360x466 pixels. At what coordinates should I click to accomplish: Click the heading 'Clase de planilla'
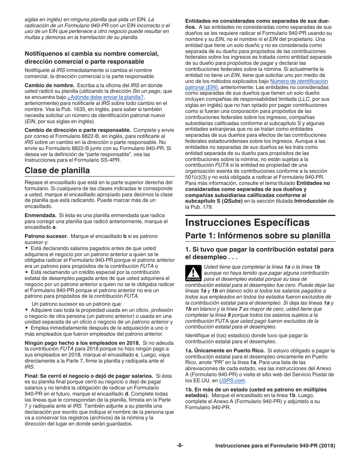click(x=57, y=170)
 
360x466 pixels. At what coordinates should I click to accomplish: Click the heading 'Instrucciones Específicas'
click(x=247, y=222)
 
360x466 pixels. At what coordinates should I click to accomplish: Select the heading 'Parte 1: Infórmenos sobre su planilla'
click(x=258, y=236)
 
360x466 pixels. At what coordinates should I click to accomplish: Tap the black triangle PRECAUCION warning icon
click(x=193, y=273)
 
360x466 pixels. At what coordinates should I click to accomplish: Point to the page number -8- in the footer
click(x=180, y=446)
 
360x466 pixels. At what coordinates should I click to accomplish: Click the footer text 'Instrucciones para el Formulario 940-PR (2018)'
click(x=275, y=446)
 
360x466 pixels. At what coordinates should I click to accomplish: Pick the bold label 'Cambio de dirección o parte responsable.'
click(x=78, y=130)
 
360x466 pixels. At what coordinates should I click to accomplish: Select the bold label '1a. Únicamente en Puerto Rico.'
click(x=225, y=350)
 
